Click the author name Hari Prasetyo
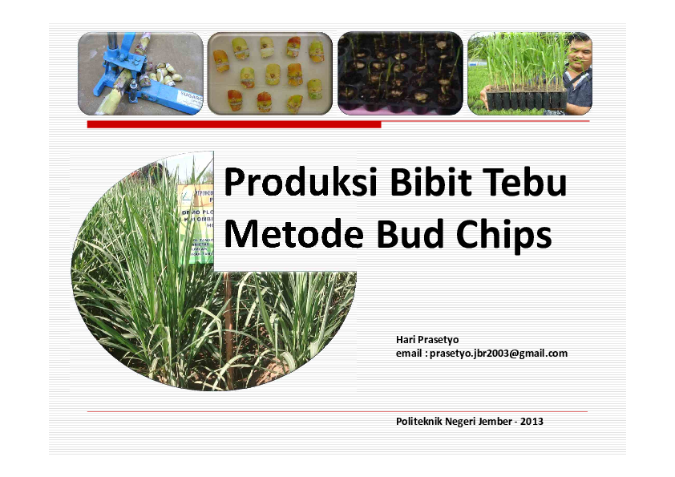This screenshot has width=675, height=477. (427, 340)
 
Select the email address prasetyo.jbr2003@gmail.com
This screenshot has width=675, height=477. (499, 353)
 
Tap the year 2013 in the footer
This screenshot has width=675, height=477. (532, 421)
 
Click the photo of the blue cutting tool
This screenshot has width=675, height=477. (140, 74)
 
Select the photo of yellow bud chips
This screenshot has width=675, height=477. (270, 74)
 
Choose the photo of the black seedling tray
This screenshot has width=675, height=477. (399, 74)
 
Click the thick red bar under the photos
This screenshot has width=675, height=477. (233, 124)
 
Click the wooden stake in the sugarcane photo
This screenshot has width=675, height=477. (229, 329)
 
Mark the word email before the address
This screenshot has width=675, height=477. (408, 353)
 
